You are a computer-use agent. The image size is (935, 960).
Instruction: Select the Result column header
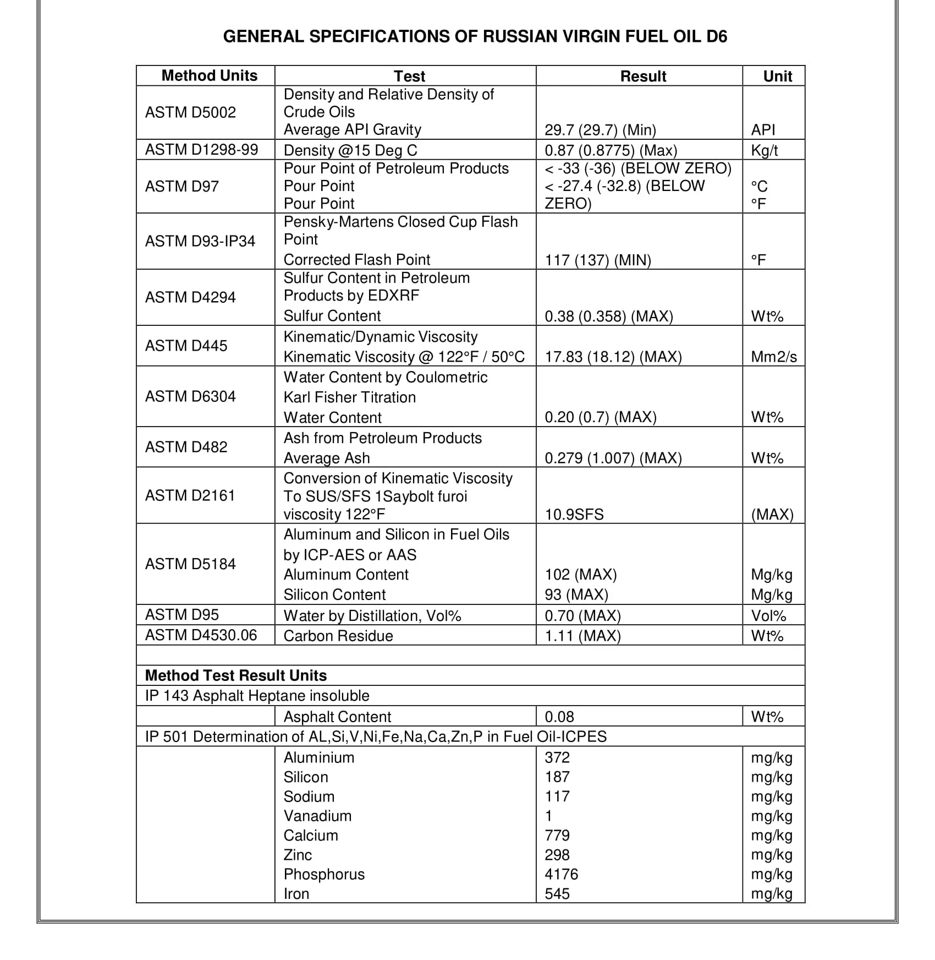click(x=643, y=76)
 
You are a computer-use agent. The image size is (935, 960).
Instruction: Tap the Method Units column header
click(x=209, y=75)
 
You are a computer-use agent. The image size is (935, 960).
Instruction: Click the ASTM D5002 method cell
click(x=190, y=112)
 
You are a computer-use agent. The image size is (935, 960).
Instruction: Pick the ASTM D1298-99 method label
click(x=201, y=150)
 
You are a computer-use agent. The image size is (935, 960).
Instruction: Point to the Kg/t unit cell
click(x=765, y=150)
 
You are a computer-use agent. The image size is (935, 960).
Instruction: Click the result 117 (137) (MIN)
click(x=598, y=260)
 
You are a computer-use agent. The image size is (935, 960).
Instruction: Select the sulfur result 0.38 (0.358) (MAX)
click(x=609, y=316)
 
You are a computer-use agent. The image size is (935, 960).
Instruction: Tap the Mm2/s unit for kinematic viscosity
click(x=774, y=357)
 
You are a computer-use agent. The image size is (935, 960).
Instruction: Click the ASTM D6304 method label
click(x=190, y=396)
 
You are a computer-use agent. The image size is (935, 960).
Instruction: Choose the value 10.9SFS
click(x=574, y=514)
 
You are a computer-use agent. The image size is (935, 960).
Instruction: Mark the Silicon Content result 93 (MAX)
click(x=576, y=594)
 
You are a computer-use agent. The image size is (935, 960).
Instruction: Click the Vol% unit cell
click(x=768, y=615)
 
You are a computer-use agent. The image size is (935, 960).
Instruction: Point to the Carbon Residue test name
click(x=338, y=636)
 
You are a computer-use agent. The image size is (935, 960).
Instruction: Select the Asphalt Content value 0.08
click(x=559, y=717)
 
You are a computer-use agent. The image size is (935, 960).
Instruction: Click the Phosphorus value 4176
click(x=562, y=874)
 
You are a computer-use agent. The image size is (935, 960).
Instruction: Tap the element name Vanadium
click(x=317, y=816)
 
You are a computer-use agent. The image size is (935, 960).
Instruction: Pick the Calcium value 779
click(x=557, y=835)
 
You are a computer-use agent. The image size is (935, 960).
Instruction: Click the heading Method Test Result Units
click(x=236, y=675)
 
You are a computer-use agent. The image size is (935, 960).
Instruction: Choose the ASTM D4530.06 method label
click(x=201, y=635)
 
